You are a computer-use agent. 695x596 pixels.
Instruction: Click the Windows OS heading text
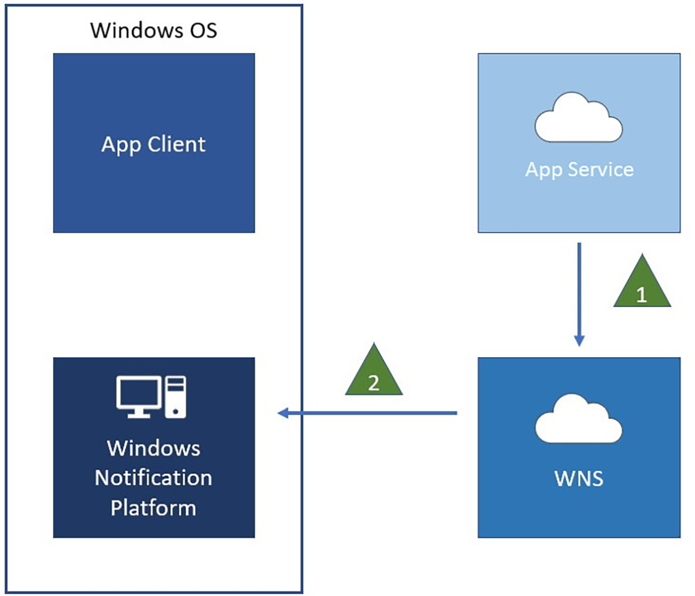pyautogui.click(x=153, y=30)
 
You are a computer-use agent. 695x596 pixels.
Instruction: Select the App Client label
pyautogui.click(x=153, y=144)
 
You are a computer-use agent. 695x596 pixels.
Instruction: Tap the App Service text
pyautogui.click(x=579, y=170)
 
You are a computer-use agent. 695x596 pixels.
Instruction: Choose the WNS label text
pyautogui.click(x=579, y=478)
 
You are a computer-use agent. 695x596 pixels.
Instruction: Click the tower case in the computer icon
pyautogui.click(x=176, y=396)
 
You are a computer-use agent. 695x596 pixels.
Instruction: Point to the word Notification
pyautogui.click(x=153, y=478)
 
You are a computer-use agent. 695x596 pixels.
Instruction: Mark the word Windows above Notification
pyautogui.click(x=153, y=448)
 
